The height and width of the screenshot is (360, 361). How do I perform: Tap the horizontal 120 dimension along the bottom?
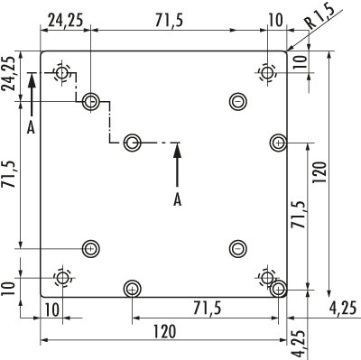pyautogui.click(x=165, y=331)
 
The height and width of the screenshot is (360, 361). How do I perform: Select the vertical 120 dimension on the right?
pyautogui.click(x=319, y=172)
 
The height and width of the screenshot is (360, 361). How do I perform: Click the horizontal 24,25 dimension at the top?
pyautogui.click(x=65, y=21)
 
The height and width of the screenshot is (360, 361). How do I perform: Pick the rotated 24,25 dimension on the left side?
pyautogui.click(x=9, y=74)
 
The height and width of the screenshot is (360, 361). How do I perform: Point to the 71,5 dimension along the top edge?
pyautogui.click(x=169, y=21)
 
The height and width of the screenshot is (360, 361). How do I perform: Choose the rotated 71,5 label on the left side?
pyautogui.click(x=9, y=174)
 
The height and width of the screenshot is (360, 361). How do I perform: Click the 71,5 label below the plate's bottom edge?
pyautogui.click(x=208, y=308)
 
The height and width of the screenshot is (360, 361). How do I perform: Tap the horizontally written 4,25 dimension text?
pyautogui.click(x=343, y=308)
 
